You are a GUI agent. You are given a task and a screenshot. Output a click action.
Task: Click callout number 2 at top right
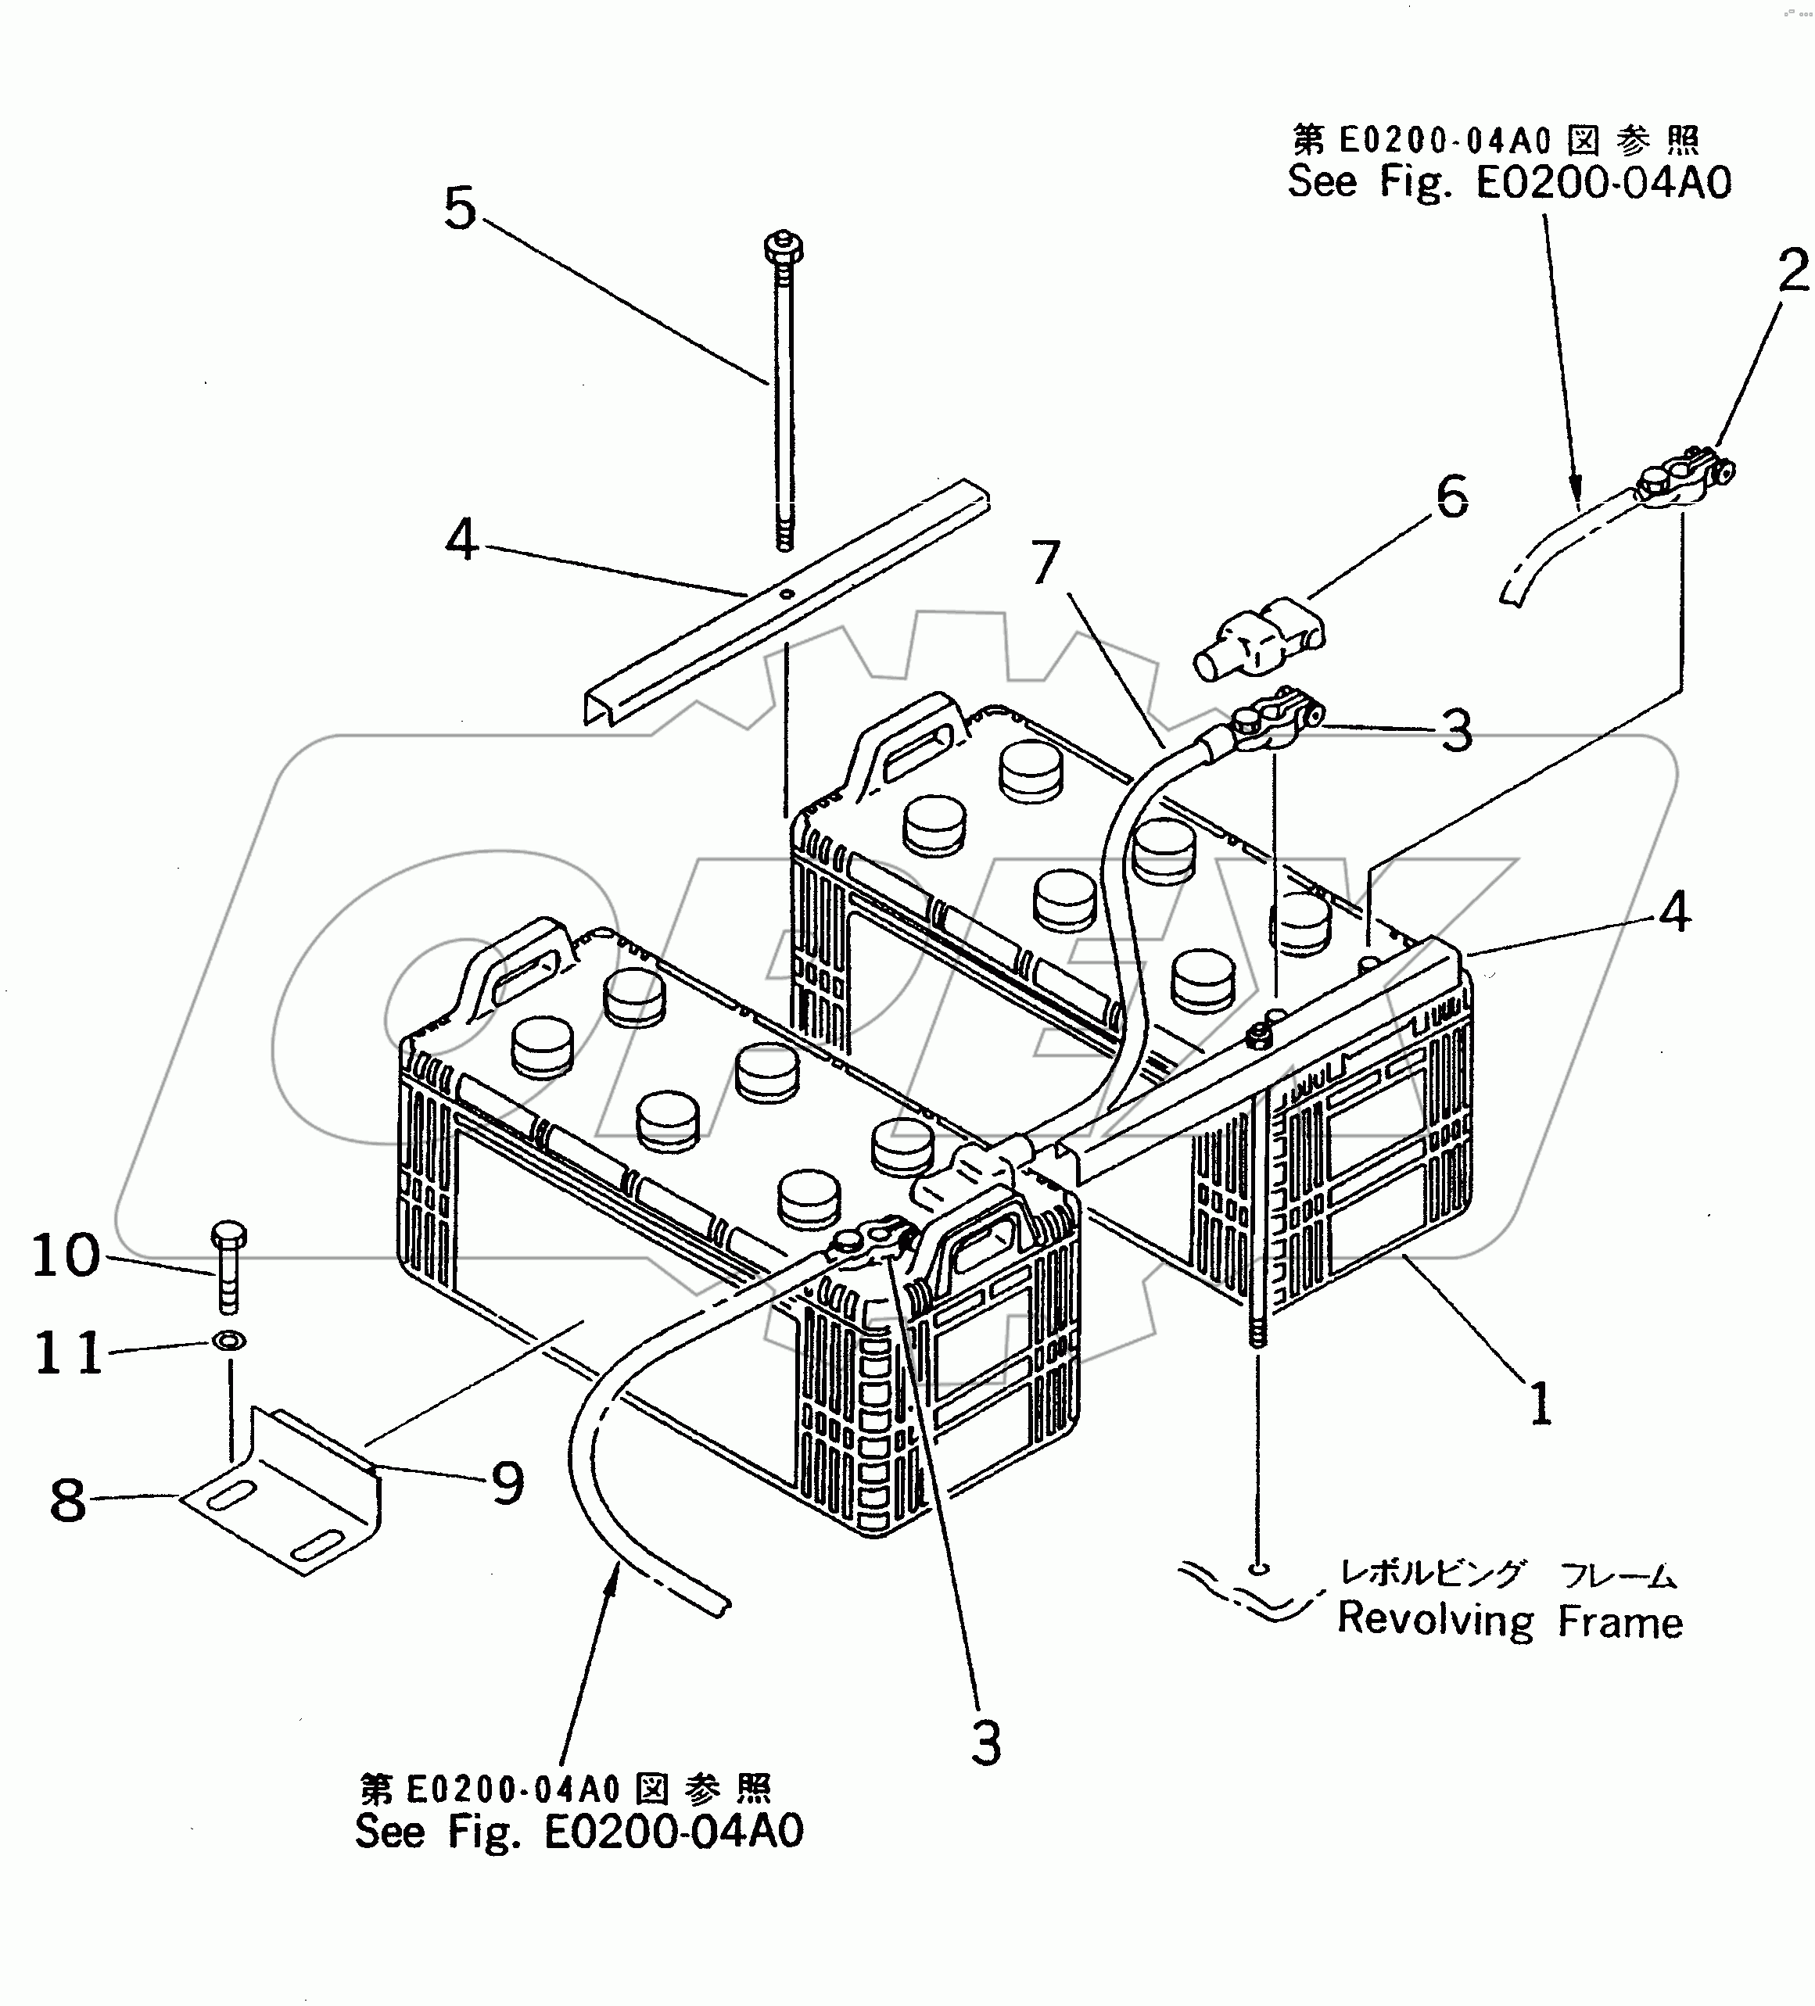pyautogui.click(x=1792, y=271)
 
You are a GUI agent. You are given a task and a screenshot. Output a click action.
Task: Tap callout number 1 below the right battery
pyautogui.click(x=1540, y=1404)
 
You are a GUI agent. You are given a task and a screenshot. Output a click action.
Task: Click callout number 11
pyautogui.click(x=68, y=1353)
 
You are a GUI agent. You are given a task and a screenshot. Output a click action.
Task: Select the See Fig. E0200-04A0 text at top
pyautogui.click(x=1508, y=182)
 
